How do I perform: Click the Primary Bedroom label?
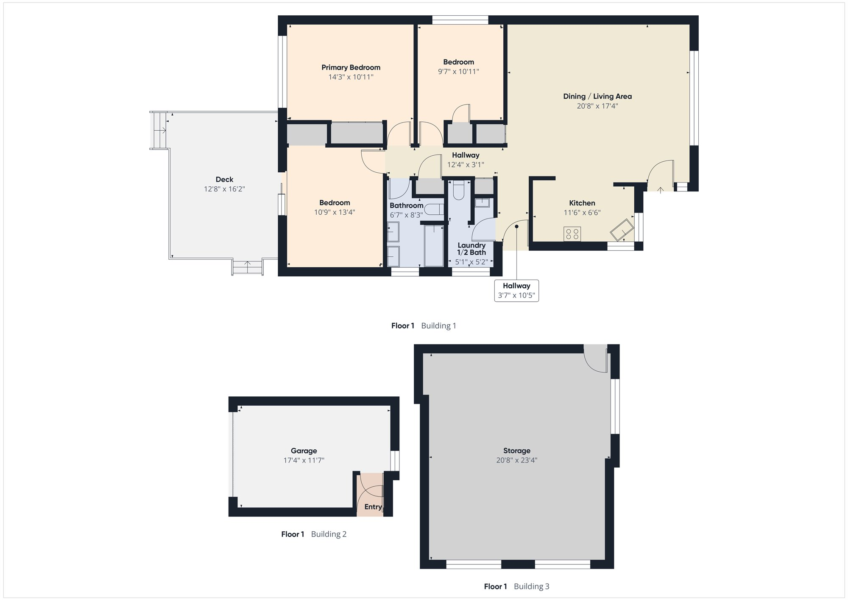pyautogui.click(x=351, y=67)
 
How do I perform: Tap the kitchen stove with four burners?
pyautogui.click(x=572, y=234)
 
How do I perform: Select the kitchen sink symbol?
pyautogui.click(x=622, y=230)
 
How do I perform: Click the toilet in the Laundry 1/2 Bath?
pyautogui.click(x=459, y=190)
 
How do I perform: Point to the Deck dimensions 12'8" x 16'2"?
pyautogui.click(x=224, y=189)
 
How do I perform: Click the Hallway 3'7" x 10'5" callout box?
pyautogui.click(x=516, y=291)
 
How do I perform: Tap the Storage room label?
pyautogui.click(x=516, y=451)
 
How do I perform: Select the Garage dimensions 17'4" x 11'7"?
pyautogui.click(x=304, y=460)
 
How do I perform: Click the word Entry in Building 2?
pyautogui.click(x=373, y=507)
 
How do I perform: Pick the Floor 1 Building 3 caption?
pyautogui.click(x=516, y=586)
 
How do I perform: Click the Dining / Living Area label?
pyautogui.click(x=597, y=96)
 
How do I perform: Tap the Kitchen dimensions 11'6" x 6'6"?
pyautogui.click(x=582, y=213)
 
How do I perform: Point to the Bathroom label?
pyautogui.click(x=406, y=205)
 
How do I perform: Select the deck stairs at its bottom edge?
pyautogui.click(x=247, y=267)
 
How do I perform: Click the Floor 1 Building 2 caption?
pyautogui.click(x=314, y=534)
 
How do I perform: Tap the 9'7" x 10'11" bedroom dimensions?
pyautogui.click(x=458, y=72)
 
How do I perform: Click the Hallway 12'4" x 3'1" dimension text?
pyautogui.click(x=466, y=165)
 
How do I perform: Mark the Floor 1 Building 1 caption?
pyautogui.click(x=424, y=326)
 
